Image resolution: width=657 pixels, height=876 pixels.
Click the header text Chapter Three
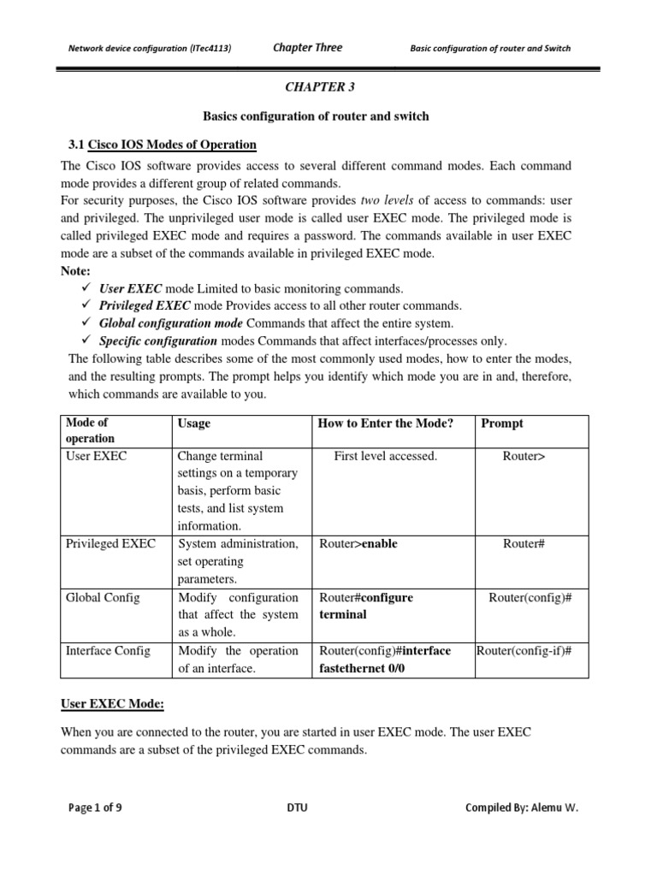pyautogui.click(x=306, y=48)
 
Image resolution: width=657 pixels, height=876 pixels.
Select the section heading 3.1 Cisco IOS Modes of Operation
pyautogui.click(x=162, y=144)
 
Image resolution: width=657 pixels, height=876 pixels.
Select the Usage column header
pyautogui.click(x=194, y=423)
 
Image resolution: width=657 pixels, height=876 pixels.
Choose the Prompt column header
pyautogui.click(x=502, y=423)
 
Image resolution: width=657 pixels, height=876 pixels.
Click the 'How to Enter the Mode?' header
pyautogui.click(x=385, y=423)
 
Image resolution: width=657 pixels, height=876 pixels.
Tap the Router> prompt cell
pyautogui.click(x=524, y=456)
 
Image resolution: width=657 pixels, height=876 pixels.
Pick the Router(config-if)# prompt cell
pyautogui.click(x=524, y=651)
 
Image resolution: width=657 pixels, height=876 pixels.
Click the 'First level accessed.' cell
pyautogui.click(x=385, y=456)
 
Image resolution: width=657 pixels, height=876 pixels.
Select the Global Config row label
pyautogui.click(x=102, y=598)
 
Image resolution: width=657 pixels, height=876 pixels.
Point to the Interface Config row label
pyautogui.click(x=107, y=651)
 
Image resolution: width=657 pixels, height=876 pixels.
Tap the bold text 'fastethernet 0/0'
pyautogui.click(x=362, y=668)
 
